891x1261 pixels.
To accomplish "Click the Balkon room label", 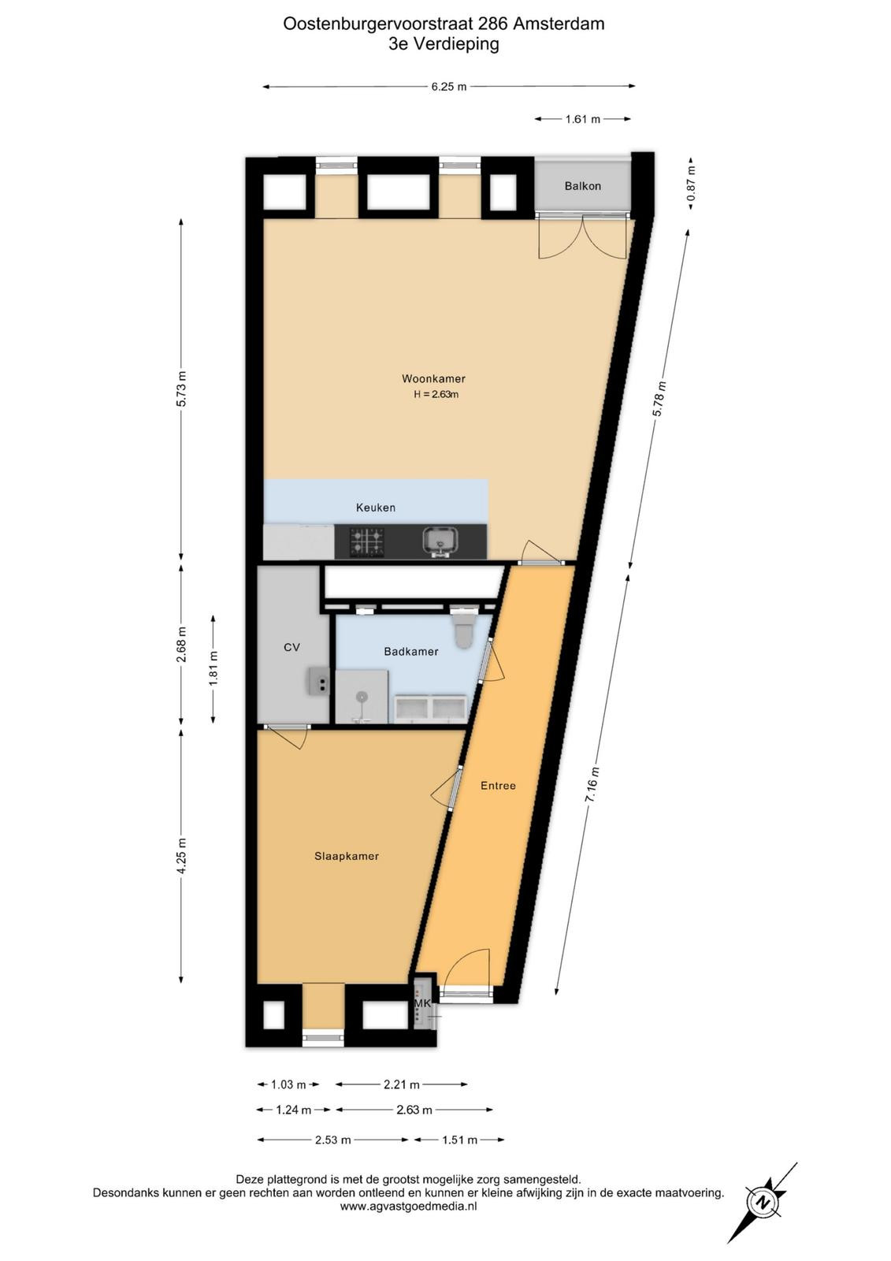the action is (x=582, y=186).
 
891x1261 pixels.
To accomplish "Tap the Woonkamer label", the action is (x=433, y=378).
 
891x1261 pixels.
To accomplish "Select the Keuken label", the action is (x=376, y=508).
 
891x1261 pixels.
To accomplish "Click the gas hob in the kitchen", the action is (x=368, y=541).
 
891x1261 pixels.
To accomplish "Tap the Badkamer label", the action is (x=411, y=651).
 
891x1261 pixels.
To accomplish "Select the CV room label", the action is (x=291, y=647).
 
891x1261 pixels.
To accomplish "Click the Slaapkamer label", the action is (x=346, y=856).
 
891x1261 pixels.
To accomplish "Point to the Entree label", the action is (x=498, y=785).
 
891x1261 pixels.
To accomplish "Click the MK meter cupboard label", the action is (x=422, y=1003).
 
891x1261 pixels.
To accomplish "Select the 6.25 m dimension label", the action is (x=448, y=87).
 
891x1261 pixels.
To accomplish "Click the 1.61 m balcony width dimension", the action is (x=582, y=119).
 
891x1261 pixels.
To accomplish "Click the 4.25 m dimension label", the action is (x=181, y=856).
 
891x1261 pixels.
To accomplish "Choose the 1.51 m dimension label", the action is (x=460, y=1140).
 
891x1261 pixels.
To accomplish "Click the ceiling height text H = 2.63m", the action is (x=436, y=394).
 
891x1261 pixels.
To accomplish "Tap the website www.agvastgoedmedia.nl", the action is (x=409, y=1207).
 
